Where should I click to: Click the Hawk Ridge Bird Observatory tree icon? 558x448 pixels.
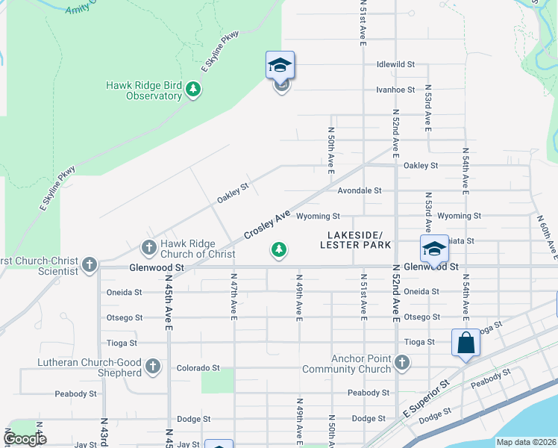(194, 90)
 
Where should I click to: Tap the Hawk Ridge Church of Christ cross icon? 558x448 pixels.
(148, 246)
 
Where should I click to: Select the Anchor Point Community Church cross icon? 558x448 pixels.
(402, 363)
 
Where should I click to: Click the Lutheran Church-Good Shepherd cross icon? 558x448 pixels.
(153, 367)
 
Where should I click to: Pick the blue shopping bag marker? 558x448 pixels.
(465, 343)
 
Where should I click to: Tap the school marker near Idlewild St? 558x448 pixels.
(280, 66)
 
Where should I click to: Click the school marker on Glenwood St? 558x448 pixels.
(433, 249)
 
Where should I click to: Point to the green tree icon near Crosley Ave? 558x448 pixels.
(279, 249)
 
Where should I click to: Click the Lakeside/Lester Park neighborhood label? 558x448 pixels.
(356, 240)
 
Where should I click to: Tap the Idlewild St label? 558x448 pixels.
(395, 64)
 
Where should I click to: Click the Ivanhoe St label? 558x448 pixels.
(395, 90)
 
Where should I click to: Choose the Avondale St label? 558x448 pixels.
(359, 190)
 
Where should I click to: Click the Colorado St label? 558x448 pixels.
(198, 368)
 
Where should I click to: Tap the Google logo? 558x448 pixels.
(25, 439)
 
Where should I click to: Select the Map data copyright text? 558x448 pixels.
(526, 442)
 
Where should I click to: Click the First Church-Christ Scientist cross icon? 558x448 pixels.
(90, 264)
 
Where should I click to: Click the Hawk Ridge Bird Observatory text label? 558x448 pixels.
(143, 90)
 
